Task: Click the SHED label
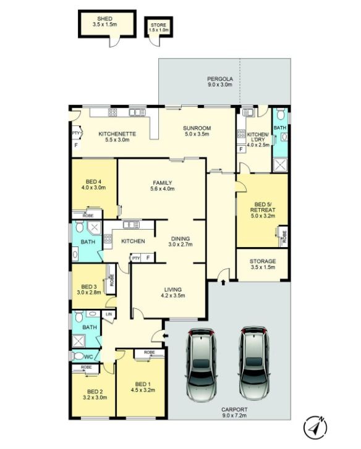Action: coord(104,19)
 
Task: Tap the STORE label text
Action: coord(158,25)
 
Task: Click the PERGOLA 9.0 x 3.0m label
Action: coord(220,82)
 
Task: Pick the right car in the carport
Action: coord(254,363)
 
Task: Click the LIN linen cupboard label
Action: coord(109,314)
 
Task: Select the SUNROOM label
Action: coord(197,128)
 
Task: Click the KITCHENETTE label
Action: coord(117,134)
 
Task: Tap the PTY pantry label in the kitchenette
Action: coord(75,133)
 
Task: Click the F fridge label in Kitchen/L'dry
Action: coord(241,149)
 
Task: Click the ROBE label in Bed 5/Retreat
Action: coord(284,237)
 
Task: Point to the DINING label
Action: coord(180,238)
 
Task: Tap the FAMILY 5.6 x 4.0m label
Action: coord(163,186)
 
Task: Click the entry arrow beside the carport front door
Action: coord(166,335)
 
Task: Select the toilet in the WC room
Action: coord(78,356)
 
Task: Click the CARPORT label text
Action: coord(234,409)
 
